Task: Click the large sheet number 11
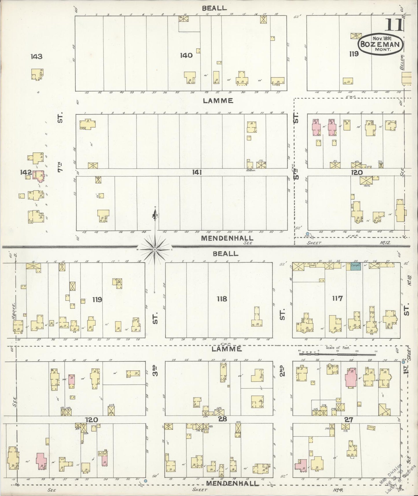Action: coord(394,25)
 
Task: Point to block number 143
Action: coord(36,56)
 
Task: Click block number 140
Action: coord(186,55)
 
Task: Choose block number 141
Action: coord(197,172)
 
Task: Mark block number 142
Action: coord(25,172)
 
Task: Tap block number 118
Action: coord(222,299)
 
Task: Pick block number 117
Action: coord(337,298)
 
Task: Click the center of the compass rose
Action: coord(155,249)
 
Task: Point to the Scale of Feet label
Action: coord(338,348)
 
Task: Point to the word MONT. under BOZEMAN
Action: coord(384,49)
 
